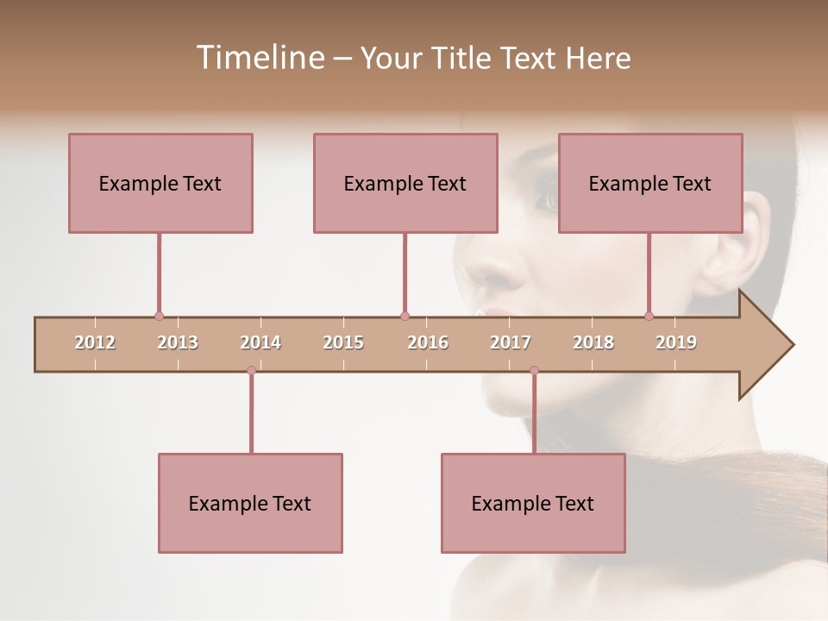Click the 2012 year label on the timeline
95,342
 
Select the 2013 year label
178,342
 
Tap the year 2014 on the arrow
260,342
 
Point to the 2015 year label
343,342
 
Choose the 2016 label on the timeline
428,342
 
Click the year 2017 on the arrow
511,342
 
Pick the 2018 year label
593,342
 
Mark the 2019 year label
676,342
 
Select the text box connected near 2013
160,183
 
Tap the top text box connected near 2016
405,183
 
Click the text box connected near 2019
650,183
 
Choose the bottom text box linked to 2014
250,503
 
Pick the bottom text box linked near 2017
533,503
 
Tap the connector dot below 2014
251,370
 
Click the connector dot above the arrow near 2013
159,317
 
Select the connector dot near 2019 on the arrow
649,317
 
